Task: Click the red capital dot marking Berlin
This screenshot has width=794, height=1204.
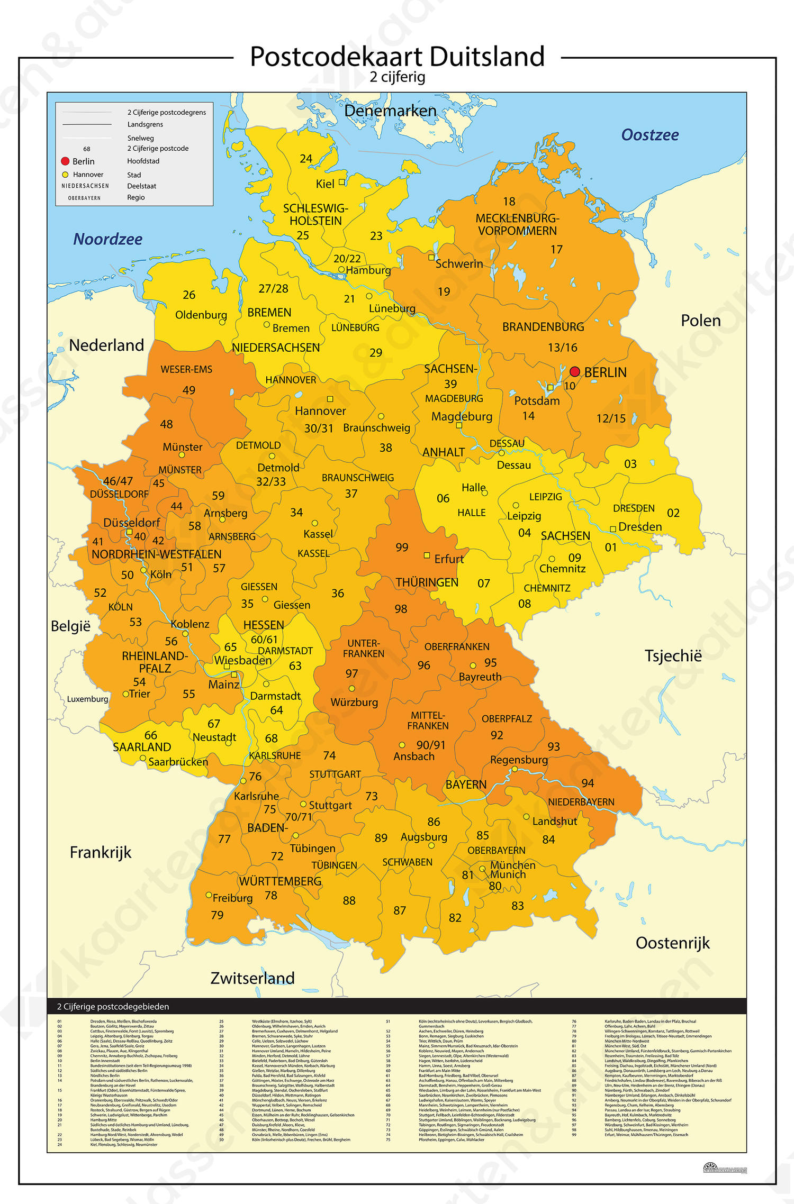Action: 574,371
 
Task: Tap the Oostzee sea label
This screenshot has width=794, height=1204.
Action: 649,135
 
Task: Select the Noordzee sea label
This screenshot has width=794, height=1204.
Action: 107,239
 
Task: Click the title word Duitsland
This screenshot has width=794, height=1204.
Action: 486,57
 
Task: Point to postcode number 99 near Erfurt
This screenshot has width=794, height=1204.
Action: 402,547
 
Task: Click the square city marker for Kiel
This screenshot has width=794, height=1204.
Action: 342,182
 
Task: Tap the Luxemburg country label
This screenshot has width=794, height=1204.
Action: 87,699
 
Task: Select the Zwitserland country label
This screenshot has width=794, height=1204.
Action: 252,978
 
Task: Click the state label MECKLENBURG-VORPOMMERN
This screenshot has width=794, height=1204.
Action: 517,224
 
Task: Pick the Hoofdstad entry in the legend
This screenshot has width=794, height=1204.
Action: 143,161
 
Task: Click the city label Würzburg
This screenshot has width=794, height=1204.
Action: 354,703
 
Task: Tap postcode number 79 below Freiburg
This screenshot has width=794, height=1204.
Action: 217,915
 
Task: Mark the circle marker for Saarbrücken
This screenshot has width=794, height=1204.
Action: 142,758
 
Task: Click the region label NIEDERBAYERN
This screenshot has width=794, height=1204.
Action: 581,802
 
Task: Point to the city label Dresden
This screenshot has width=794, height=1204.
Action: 639,527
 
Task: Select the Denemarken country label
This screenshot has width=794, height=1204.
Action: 390,111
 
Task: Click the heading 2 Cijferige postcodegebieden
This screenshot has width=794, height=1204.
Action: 113,1007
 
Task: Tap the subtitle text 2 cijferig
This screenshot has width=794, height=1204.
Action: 397,77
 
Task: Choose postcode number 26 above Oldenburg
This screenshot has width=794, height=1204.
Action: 189,295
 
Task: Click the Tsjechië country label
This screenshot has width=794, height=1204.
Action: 673,656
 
